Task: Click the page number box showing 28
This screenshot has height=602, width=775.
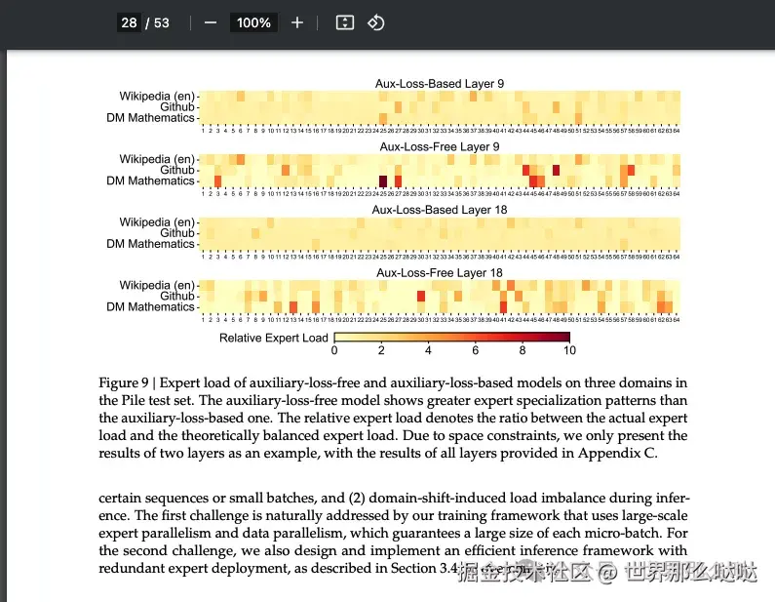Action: tap(129, 22)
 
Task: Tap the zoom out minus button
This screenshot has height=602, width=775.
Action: tap(211, 22)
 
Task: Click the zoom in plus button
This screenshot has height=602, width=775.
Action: tap(297, 22)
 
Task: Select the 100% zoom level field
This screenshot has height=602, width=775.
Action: tap(253, 22)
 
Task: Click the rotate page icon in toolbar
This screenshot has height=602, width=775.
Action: tap(376, 22)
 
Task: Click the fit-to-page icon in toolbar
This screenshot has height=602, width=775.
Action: tap(344, 22)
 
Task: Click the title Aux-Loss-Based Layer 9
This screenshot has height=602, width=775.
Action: tap(440, 84)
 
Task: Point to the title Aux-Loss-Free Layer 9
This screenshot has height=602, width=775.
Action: tap(440, 147)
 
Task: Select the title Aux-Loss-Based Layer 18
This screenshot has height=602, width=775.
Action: tap(440, 210)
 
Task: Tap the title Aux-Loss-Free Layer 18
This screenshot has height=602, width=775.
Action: tap(440, 273)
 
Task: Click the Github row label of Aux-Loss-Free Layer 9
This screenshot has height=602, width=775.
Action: tap(177, 170)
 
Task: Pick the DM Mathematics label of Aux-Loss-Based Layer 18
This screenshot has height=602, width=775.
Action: tap(151, 244)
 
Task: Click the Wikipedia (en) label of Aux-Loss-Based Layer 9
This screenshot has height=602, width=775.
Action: tap(157, 96)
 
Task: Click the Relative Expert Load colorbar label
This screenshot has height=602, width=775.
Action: tap(274, 339)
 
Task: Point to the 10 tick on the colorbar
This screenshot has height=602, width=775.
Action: tap(569, 350)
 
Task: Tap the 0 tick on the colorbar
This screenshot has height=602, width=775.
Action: tap(334, 350)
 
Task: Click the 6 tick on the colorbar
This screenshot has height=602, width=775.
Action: tap(476, 350)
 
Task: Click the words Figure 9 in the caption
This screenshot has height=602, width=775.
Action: tap(124, 382)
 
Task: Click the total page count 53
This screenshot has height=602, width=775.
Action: tap(161, 22)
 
